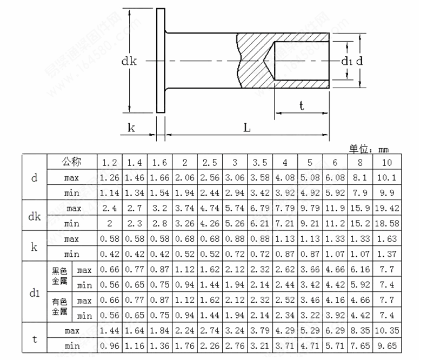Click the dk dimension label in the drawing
click(129, 61)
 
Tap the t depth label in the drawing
click(301, 106)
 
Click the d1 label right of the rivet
click(346, 61)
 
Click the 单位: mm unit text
click(369, 149)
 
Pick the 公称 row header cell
click(71, 162)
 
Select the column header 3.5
click(260, 162)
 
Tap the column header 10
click(386, 162)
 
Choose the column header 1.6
click(159, 162)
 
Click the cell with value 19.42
click(386, 208)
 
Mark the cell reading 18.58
click(386, 223)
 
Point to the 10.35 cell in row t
click(386, 330)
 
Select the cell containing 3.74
click(185, 208)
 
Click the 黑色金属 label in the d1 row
click(59, 277)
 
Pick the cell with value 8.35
click(361, 330)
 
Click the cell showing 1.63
click(386, 238)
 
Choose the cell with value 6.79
click(260, 208)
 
